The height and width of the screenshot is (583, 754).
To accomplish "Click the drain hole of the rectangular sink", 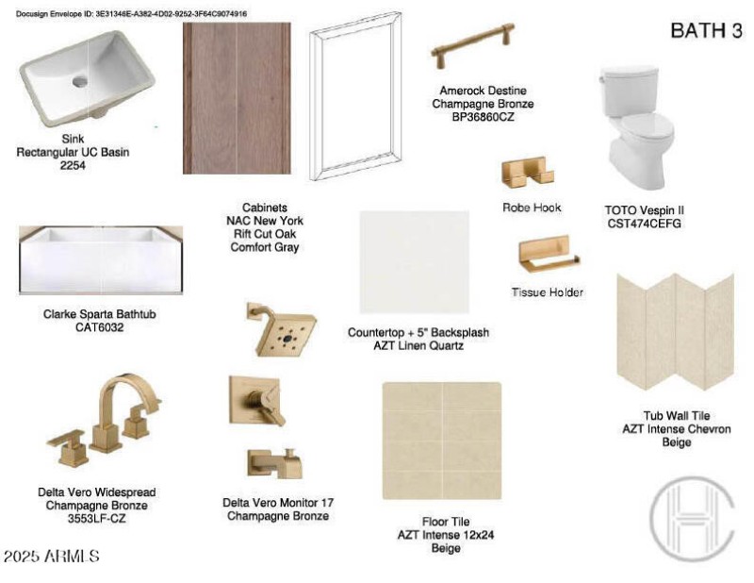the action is click(80, 81).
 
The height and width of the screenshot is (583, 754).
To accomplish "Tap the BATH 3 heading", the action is click(706, 30).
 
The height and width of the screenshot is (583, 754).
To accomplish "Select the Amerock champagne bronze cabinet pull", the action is click(473, 44).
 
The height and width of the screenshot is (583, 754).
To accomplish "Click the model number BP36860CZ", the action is click(483, 117).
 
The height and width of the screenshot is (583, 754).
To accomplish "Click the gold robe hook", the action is click(527, 172).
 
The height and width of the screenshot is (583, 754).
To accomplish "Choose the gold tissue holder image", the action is click(549, 253).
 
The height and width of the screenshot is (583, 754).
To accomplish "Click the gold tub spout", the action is click(274, 463).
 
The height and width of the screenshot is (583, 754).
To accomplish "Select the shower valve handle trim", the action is click(256, 401).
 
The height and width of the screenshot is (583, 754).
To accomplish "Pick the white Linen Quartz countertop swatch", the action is click(414, 262).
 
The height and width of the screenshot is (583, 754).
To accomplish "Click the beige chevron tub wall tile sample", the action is click(675, 332).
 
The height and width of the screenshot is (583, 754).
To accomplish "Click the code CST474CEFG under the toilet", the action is click(644, 224).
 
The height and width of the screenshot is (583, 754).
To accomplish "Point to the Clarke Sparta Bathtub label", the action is click(100, 321).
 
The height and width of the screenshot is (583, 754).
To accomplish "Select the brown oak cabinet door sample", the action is click(237, 98).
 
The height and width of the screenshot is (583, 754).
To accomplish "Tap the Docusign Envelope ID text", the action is click(131, 14).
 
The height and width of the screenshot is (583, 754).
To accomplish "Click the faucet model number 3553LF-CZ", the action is click(97, 519).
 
